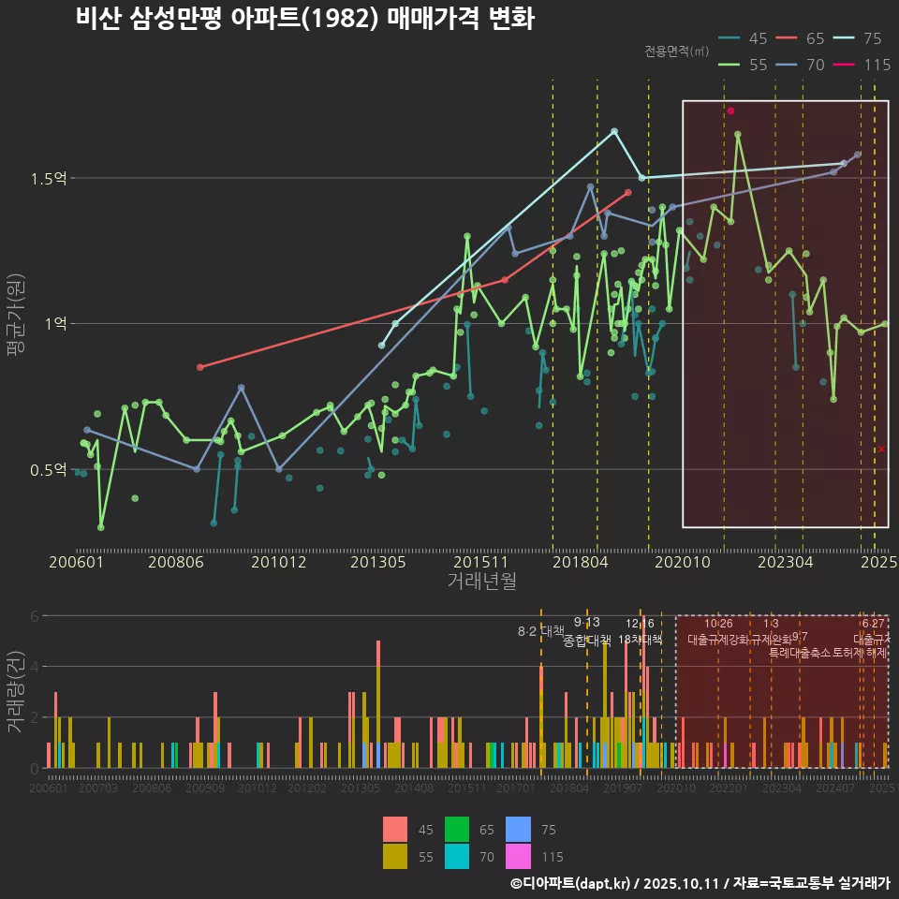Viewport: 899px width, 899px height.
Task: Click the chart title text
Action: [304, 19]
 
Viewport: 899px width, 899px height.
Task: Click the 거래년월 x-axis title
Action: [481, 582]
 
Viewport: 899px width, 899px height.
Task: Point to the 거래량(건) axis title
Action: [16, 693]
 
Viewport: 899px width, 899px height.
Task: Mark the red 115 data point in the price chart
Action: [730, 111]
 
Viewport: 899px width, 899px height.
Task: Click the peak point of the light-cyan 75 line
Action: [614, 131]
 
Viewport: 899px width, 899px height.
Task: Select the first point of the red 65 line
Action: [199, 367]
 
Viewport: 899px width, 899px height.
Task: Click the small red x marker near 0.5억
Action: [881, 449]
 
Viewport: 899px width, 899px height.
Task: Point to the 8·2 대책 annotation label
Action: [541, 631]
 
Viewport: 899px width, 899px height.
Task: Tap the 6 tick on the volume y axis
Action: [34, 616]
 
